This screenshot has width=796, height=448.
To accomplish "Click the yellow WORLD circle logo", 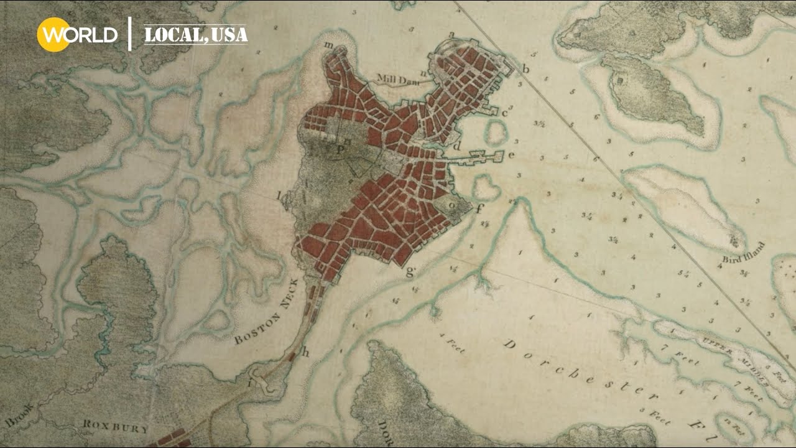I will tap(53, 34).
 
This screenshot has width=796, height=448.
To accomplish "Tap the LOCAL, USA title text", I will tap(196, 35).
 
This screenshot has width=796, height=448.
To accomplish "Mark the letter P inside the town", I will tap(340, 149).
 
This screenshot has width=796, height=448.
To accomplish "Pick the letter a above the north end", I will tap(451, 34).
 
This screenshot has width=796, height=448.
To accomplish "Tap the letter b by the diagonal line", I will tap(525, 68).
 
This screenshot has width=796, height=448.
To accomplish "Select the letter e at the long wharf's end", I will tap(512, 154).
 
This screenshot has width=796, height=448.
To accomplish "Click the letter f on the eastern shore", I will tap(479, 209).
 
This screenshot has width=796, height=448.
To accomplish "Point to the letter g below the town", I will tap(410, 271).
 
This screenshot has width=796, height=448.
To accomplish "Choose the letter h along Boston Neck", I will tap(305, 352).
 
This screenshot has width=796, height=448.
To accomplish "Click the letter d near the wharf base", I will tap(458, 146).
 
